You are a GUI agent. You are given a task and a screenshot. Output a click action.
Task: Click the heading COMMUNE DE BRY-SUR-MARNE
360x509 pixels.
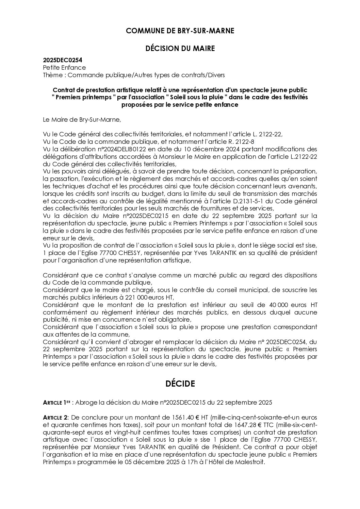pyautogui.click(x=180, y=31)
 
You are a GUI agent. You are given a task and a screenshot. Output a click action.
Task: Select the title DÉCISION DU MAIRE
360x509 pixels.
pyautogui.click(x=180, y=49)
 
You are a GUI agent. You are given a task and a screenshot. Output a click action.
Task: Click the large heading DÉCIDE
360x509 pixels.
pyautogui.click(x=180, y=384)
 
